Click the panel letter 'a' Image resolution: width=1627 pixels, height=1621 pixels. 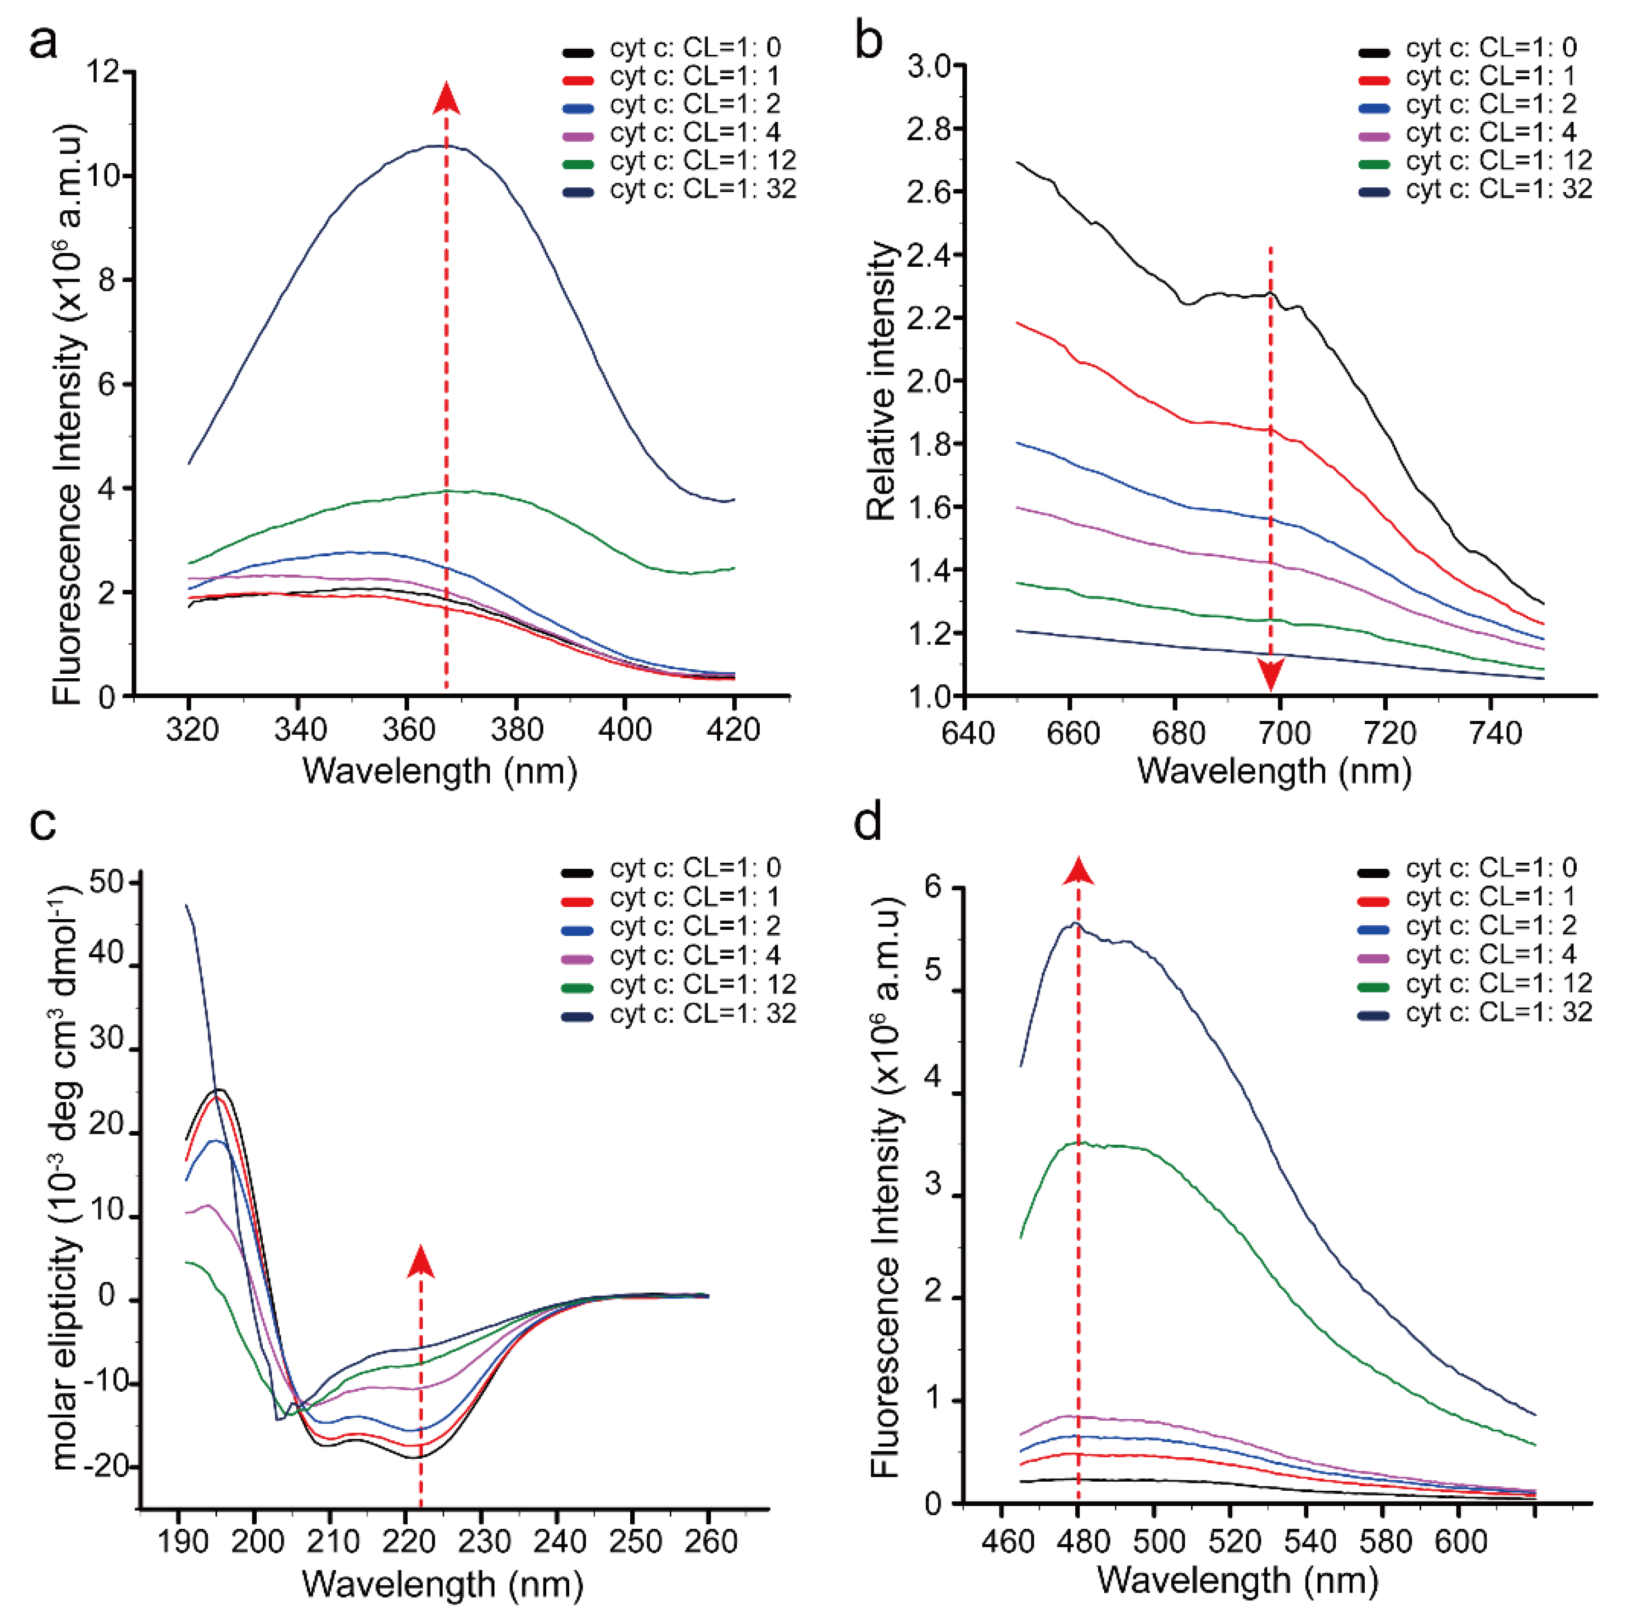(x=43, y=42)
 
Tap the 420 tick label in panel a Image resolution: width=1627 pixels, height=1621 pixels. (x=734, y=729)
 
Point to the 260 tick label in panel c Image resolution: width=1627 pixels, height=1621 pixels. (x=708, y=1541)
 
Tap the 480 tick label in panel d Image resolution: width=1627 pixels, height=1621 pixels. (x=1078, y=1541)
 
